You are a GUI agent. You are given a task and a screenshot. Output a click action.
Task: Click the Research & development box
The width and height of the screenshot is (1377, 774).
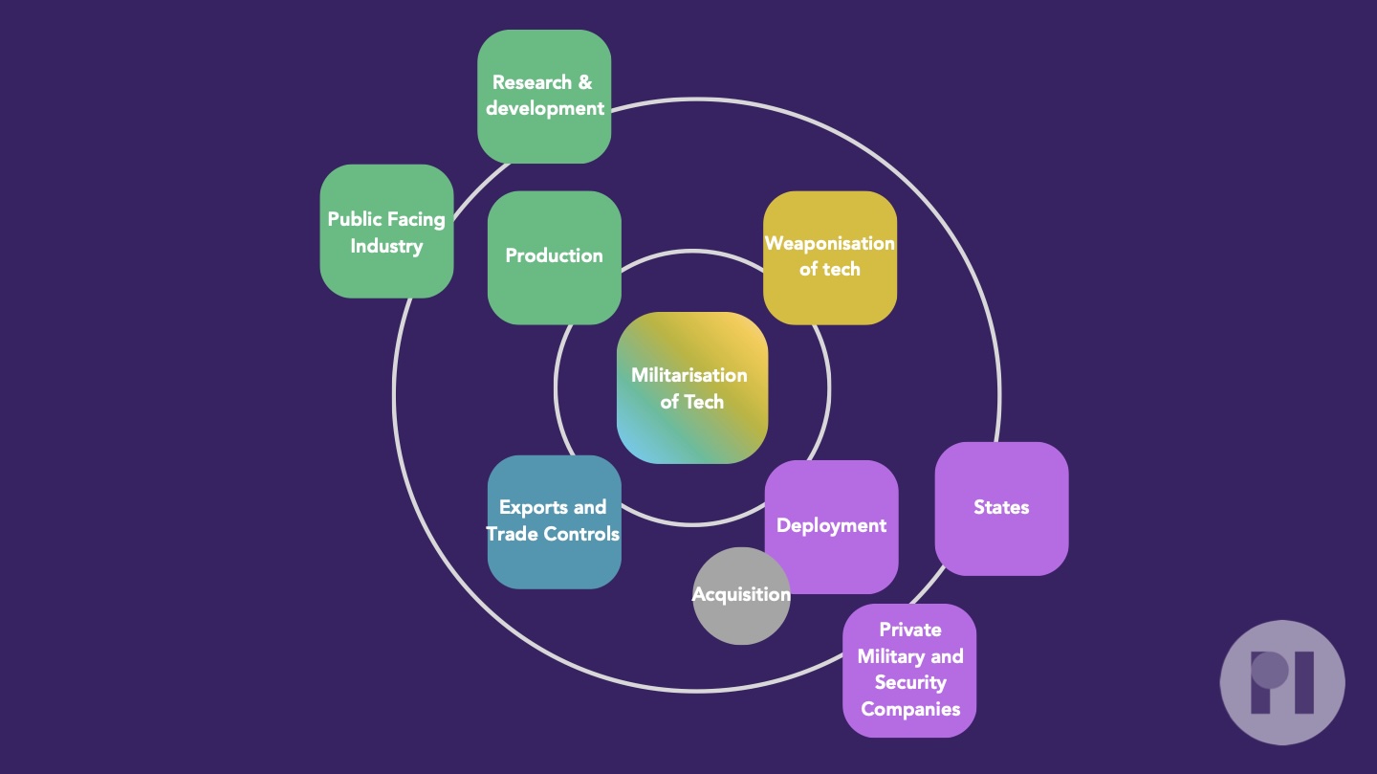544,97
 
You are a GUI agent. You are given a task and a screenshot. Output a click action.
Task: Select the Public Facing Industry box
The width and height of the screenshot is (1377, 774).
386,232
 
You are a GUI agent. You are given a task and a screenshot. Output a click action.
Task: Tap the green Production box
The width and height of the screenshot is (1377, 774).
555,257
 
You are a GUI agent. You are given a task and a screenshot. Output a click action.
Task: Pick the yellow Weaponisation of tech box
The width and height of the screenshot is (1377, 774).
830,257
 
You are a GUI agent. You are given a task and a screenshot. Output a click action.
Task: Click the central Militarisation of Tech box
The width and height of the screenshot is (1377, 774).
692,387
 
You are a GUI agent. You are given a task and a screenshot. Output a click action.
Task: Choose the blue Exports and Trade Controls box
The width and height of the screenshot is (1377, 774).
555,521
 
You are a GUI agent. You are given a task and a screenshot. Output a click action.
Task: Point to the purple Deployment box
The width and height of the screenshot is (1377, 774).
832,526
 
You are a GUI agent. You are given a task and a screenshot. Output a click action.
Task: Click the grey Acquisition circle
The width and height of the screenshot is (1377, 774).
741,595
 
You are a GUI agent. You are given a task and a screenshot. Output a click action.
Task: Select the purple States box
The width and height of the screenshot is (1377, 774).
1001,508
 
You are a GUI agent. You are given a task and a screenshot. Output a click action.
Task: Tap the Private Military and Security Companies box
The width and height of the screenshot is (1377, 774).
909,670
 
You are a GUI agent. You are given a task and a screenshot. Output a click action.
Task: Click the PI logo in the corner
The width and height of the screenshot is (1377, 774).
1282,682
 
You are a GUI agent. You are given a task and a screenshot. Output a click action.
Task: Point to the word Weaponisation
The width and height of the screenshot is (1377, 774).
830,243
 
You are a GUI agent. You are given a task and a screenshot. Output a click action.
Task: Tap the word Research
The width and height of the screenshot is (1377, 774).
532,82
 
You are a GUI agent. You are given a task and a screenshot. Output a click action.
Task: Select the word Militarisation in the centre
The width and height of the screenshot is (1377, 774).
689,375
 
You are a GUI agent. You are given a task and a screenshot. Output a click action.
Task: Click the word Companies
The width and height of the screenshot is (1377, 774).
910,709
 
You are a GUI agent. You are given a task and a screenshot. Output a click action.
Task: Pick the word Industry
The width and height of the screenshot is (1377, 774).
386,246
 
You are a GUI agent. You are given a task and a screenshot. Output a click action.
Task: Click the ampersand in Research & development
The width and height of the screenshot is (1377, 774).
585,82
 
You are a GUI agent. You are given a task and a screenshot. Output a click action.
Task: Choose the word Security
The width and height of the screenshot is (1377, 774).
910,682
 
